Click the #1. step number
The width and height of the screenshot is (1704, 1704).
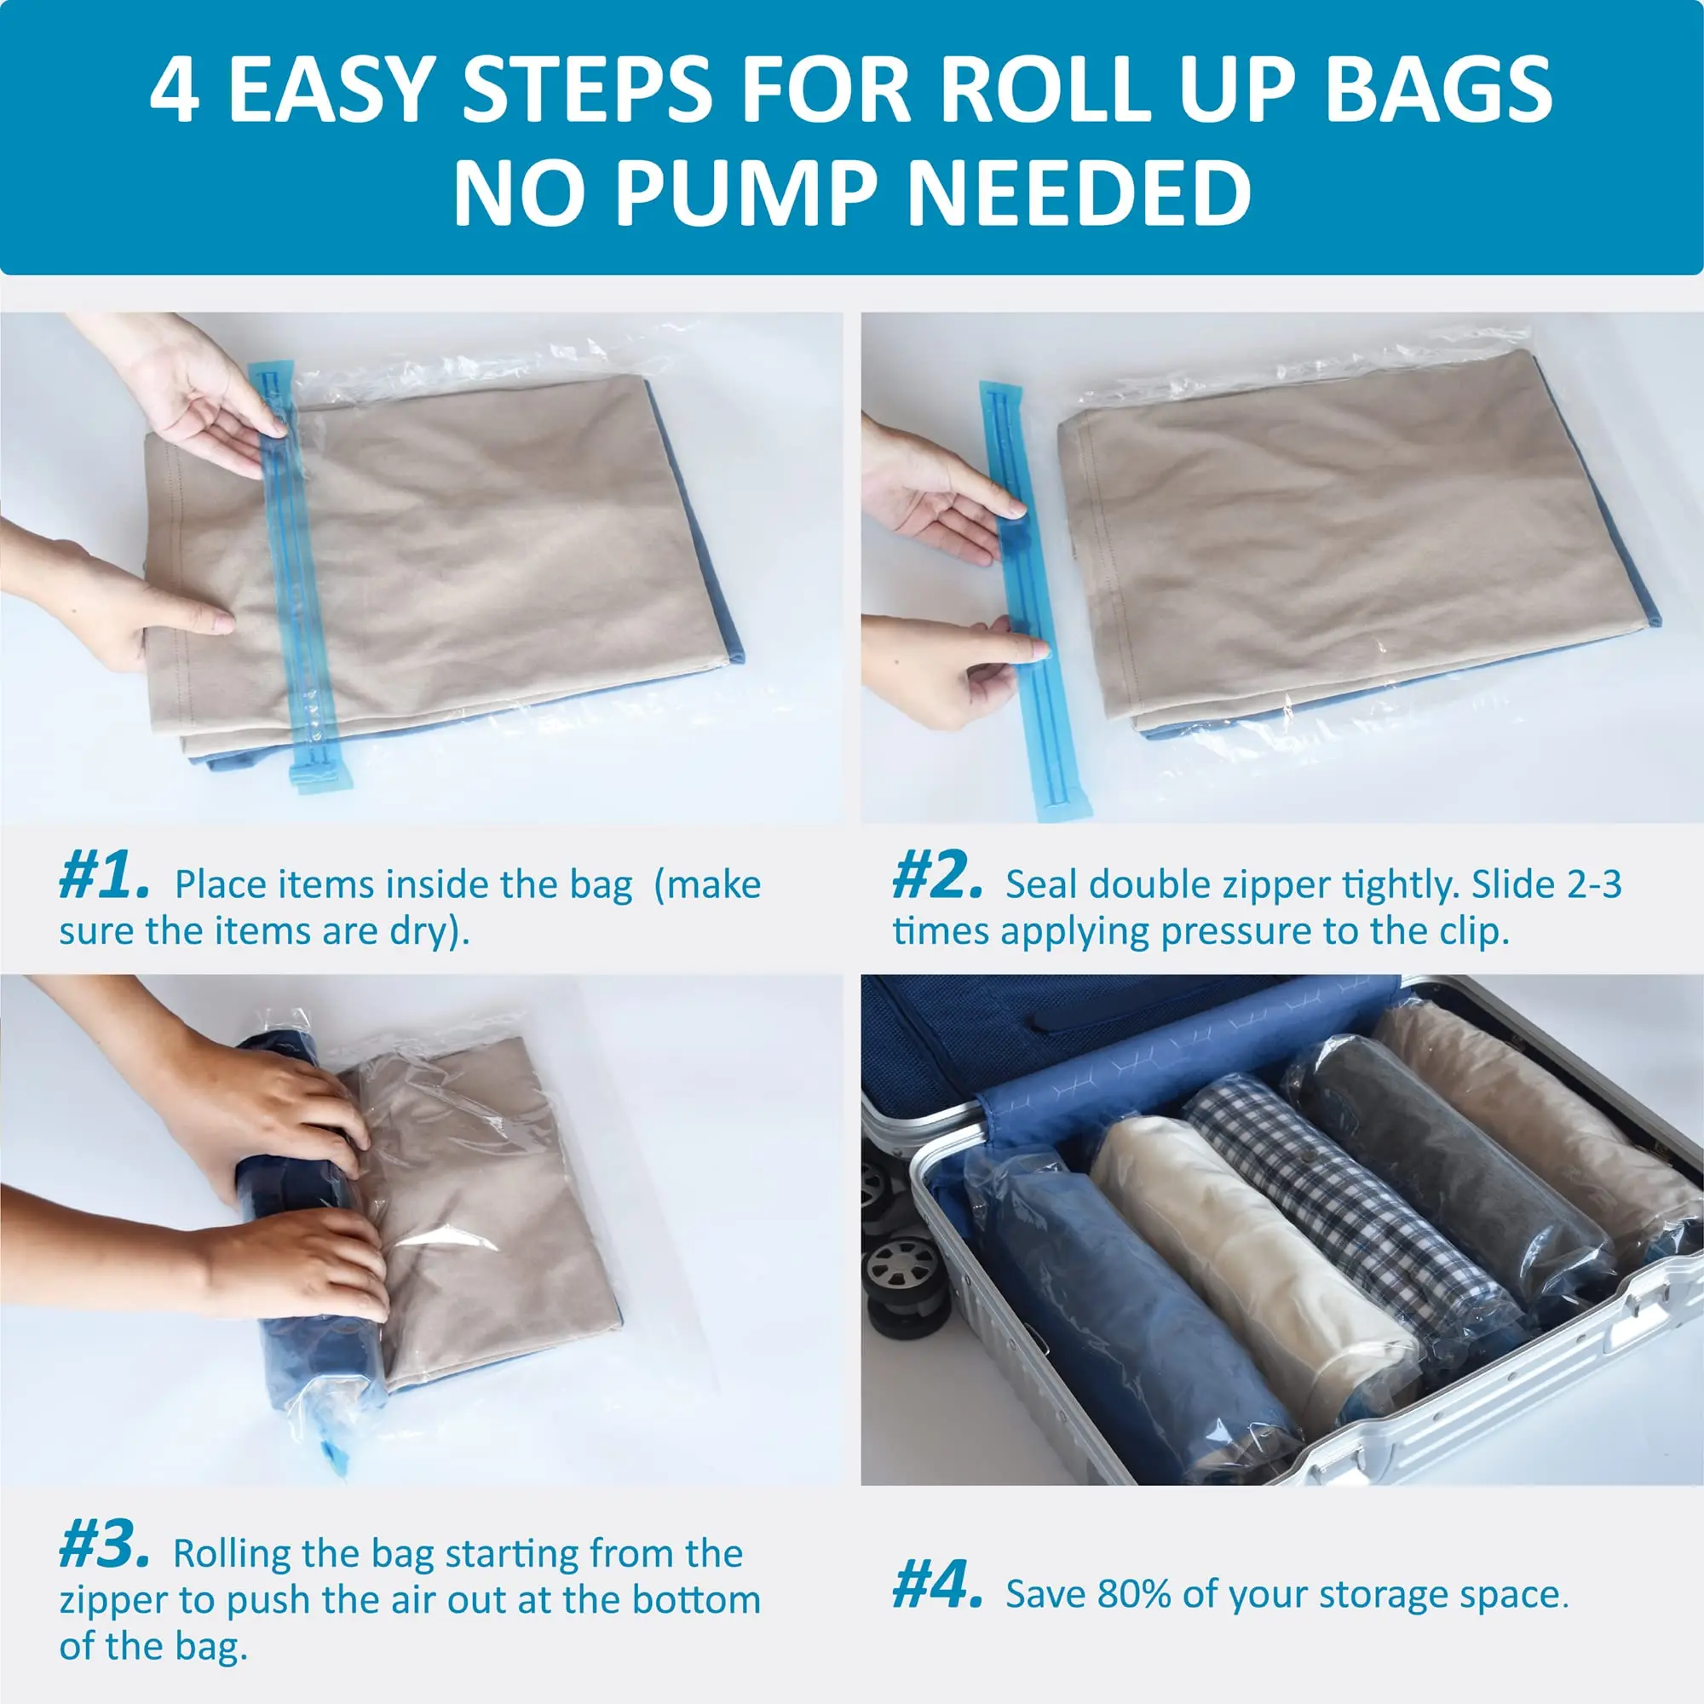103,877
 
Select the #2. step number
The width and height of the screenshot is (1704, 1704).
936,877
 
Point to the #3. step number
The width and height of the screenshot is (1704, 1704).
103,1546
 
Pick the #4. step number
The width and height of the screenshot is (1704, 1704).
936,1586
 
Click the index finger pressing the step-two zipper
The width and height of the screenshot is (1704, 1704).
1023,650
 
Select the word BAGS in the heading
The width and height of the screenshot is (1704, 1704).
1437,91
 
